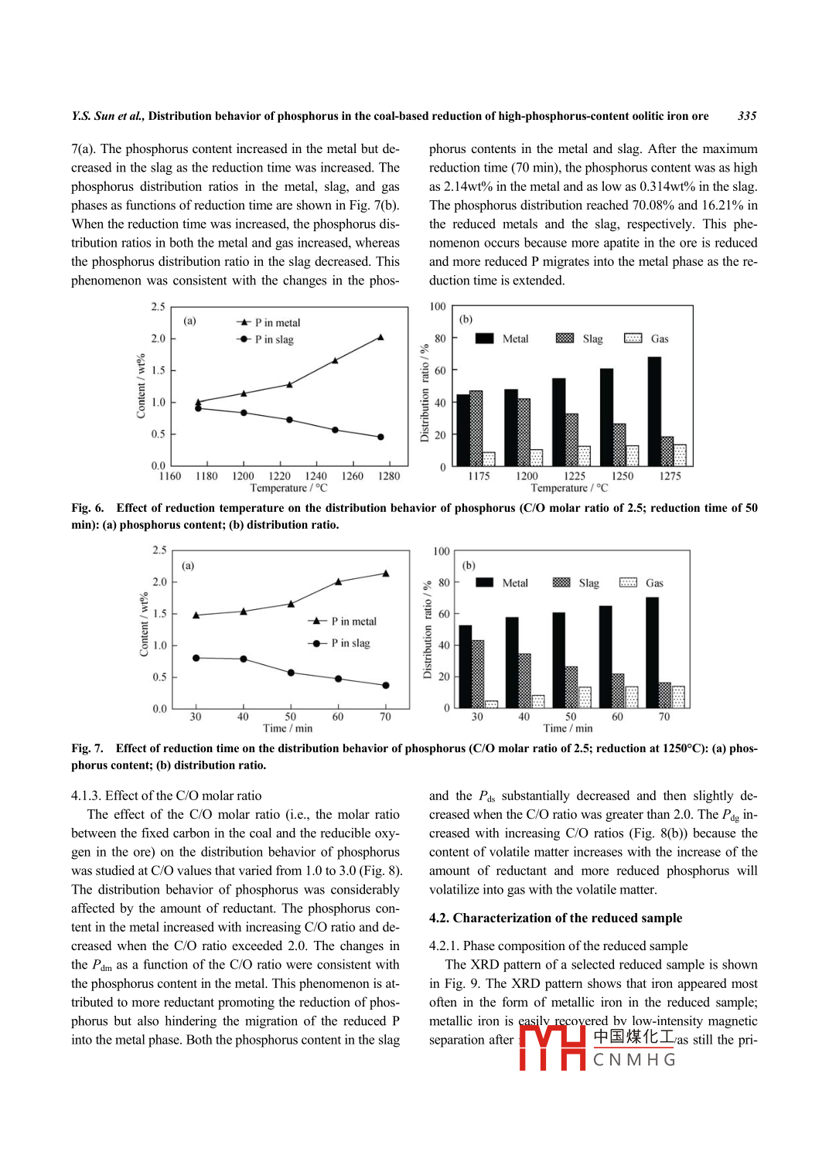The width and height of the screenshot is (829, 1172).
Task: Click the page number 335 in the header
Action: [x=746, y=116]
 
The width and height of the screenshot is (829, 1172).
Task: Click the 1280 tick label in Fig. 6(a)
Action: [x=389, y=476]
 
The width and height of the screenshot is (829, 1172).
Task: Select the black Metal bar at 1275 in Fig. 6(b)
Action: [x=654, y=411]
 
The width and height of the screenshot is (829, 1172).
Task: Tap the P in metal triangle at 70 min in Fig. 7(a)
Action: [x=385, y=574]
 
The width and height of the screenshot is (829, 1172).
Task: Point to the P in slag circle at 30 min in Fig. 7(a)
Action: [x=196, y=658]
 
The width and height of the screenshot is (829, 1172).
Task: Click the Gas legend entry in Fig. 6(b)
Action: [x=646, y=339]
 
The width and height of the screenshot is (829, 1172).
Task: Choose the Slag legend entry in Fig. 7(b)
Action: [x=576, y=583]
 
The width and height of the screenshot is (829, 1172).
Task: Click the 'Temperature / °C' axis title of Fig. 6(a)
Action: [x=288, y=488]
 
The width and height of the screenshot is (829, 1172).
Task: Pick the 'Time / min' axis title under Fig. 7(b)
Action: [x=568, y=728]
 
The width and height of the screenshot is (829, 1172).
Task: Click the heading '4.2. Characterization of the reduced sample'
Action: [x=555, y=918]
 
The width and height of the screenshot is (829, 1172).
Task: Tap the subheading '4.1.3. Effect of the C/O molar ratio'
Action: [x=166, y=796]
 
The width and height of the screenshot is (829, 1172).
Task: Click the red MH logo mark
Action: [x=552, y=1048]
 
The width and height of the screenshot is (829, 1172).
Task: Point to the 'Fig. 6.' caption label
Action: [x=87, y=508]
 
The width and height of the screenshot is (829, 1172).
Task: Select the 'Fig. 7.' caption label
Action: [x=87, y=748]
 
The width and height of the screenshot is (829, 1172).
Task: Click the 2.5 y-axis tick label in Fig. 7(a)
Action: [x=159, y=550]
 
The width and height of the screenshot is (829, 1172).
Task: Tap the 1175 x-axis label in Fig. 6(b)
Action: [x=479, y=476]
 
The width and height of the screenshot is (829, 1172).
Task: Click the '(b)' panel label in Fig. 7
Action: [x=469, y=565]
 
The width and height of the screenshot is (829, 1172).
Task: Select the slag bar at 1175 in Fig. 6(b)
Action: [x=476, y=428]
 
